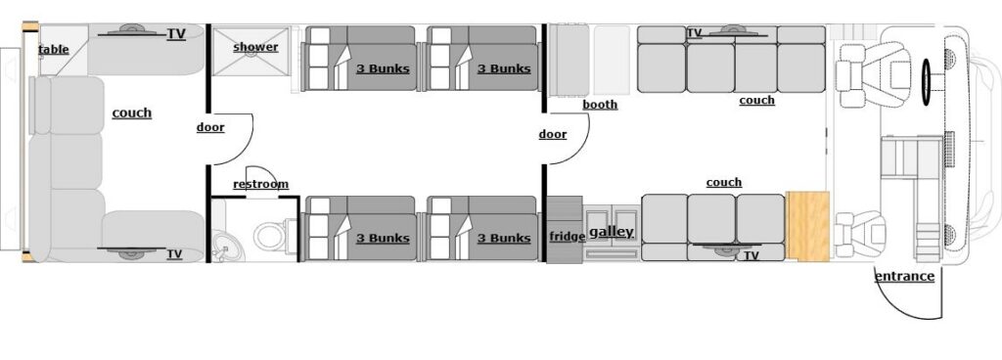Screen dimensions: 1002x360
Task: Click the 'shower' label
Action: click(255, 47)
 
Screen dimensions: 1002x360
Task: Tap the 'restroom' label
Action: click(260, 184)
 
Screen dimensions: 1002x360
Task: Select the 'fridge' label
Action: click(567, 236)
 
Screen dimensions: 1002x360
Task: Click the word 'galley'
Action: click(611, 232)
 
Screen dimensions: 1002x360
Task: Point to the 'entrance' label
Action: click(904, 276)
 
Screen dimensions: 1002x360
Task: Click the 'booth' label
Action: click(599, 105)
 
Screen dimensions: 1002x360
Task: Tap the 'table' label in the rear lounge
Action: click(54, 49)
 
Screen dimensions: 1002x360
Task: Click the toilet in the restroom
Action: click(269, 236)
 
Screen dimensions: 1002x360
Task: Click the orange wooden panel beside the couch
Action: click(808, 226)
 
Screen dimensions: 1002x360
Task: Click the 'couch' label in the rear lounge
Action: click(132, 112)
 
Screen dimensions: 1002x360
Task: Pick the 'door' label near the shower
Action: click(210, 127)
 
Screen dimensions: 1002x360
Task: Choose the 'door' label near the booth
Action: click(553, 134)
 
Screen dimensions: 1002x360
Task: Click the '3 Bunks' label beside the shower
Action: click(382, 68)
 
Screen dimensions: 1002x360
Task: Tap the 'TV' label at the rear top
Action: click(176, 34)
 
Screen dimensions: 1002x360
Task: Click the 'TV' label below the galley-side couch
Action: click(751, 255)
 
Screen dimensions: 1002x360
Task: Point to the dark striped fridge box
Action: click(564, 230)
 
